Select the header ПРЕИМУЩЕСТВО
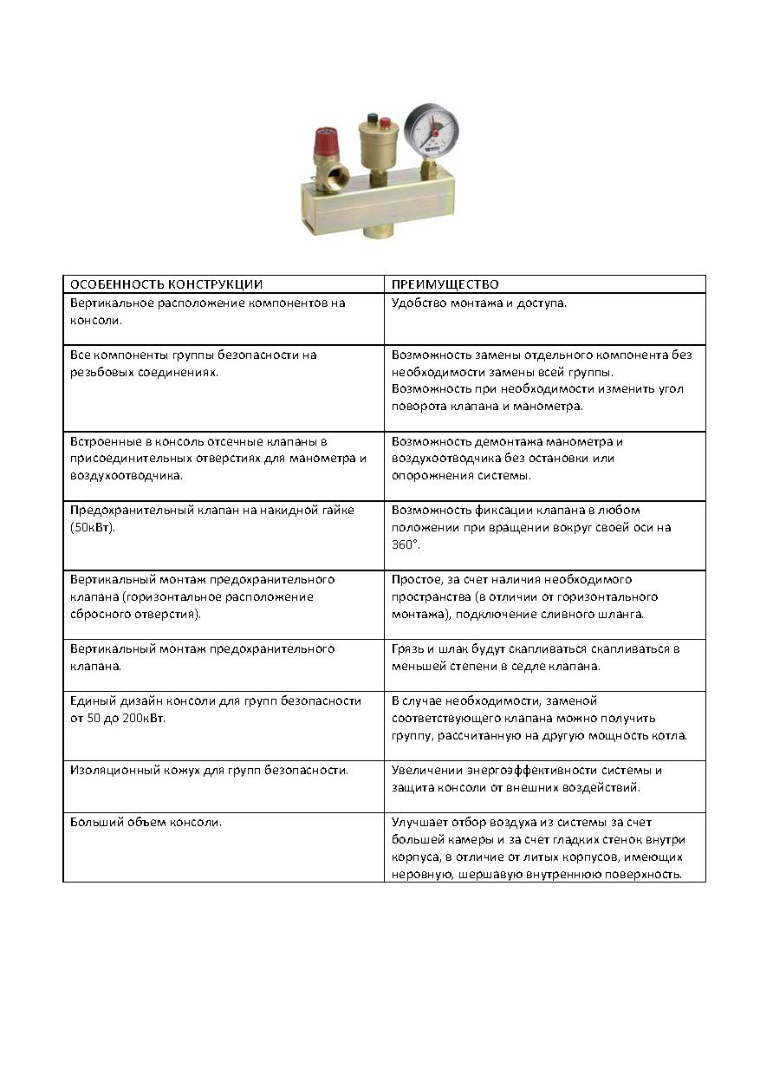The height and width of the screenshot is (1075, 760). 445,284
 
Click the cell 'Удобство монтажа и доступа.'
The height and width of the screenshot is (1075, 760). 478,303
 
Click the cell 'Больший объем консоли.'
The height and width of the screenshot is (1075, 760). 146,822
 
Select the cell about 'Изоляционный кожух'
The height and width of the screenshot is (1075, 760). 209,770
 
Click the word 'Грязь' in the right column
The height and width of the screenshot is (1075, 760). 407,649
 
